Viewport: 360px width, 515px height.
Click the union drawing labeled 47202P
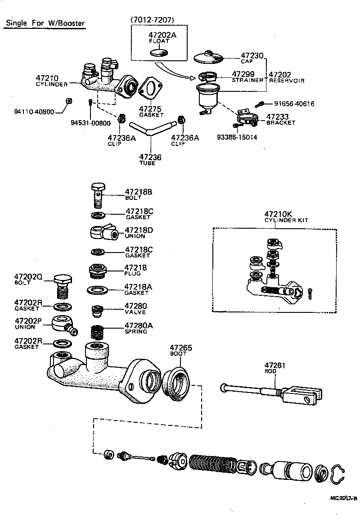click(x=63, y=325)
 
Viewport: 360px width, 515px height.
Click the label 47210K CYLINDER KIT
click(x=286, y=217)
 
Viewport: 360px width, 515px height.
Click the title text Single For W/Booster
click(x=45, y=23)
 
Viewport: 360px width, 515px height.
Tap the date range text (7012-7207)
click(x=152, y=19)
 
